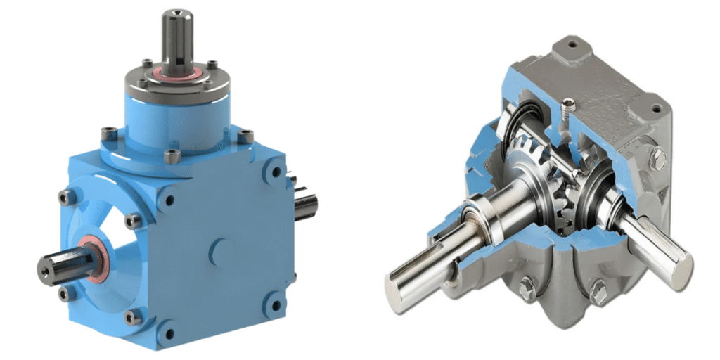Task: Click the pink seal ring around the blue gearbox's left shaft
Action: click(x=93, y=259)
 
